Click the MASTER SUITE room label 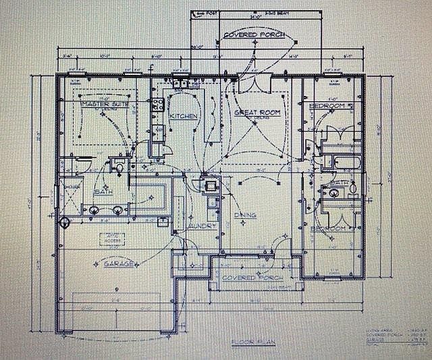tap(105, 105)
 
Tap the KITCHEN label tap(183, 116)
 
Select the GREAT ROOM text tap(256, 112)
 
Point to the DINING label tap(244, 215)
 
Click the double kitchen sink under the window tap(180, 84)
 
